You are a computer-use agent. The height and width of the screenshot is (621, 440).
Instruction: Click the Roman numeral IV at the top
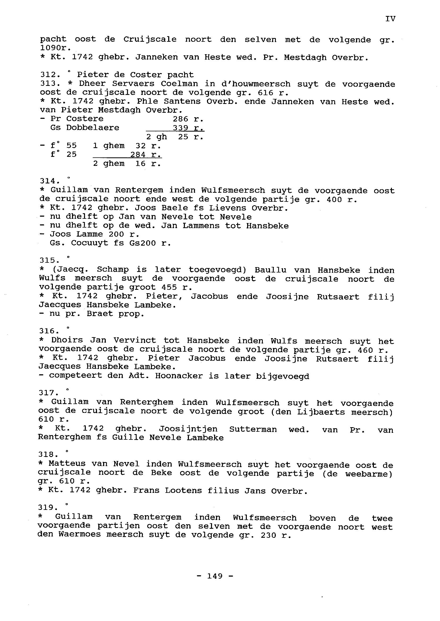coord(390,19)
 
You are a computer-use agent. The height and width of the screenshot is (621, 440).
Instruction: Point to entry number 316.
coord(47,331)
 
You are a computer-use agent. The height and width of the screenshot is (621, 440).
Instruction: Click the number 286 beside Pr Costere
coord(181,119)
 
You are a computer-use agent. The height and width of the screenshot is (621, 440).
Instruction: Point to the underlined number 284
coord(138,154)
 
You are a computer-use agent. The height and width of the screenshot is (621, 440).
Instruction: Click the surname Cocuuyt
coord(90,243)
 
